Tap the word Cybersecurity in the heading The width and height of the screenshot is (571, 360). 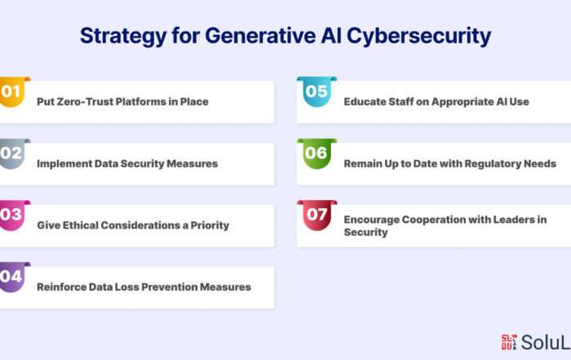point(418,37)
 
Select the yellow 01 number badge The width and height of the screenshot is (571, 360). point(14,91)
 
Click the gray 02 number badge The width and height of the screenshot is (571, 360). point(14,153)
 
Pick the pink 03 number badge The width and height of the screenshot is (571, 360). point(14,215)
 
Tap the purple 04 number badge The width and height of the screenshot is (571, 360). point(14,277)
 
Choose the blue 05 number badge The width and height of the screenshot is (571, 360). point(316,91)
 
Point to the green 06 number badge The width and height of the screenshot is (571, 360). point(316,153)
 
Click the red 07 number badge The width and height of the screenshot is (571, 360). point(316,215)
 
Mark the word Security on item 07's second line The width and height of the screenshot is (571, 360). point(365,232)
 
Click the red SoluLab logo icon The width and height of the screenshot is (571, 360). point(509,342)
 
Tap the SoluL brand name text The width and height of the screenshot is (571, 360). point(546,343)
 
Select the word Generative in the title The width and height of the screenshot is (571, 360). point(260,37)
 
